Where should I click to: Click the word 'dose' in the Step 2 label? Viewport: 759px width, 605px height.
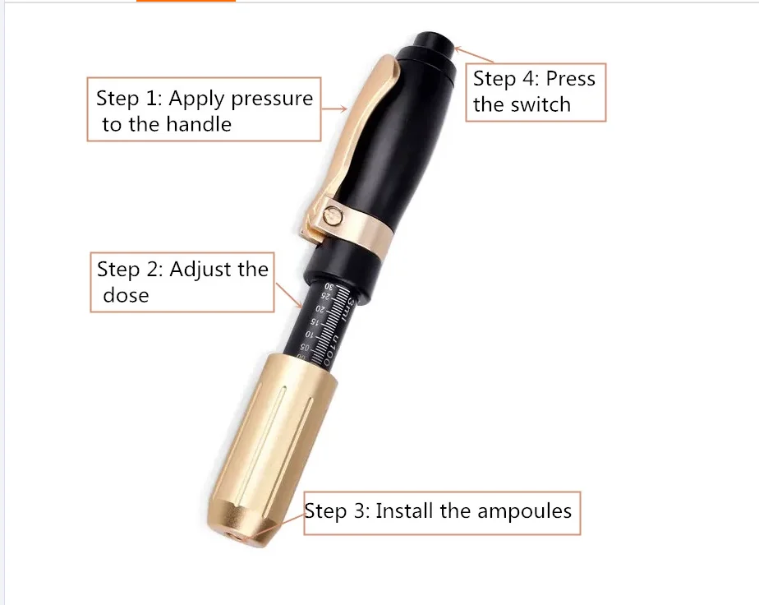pos(126,295)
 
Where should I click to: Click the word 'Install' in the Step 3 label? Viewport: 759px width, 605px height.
pos(404,510)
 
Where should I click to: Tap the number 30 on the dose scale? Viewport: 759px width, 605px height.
pos(331,287)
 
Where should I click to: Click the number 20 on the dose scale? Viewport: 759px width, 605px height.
pos(320,310)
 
